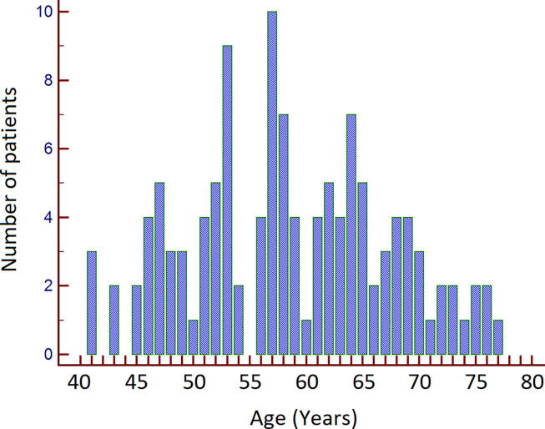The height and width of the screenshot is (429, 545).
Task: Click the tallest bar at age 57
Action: (272, 184)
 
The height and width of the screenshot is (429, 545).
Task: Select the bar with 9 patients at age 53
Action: (227, 200)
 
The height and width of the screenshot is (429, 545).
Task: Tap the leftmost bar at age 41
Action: (92, 303)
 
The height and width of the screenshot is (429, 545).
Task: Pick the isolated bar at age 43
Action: (114, 320)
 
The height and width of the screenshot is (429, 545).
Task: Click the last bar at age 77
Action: (498, 337)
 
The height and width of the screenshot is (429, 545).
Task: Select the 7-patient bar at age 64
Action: (351, 235)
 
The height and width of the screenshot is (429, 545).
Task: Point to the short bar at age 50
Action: (193, 337)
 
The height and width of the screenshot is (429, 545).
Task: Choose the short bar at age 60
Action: (306, 337)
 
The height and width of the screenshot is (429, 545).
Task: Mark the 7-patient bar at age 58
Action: (283, 235)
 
